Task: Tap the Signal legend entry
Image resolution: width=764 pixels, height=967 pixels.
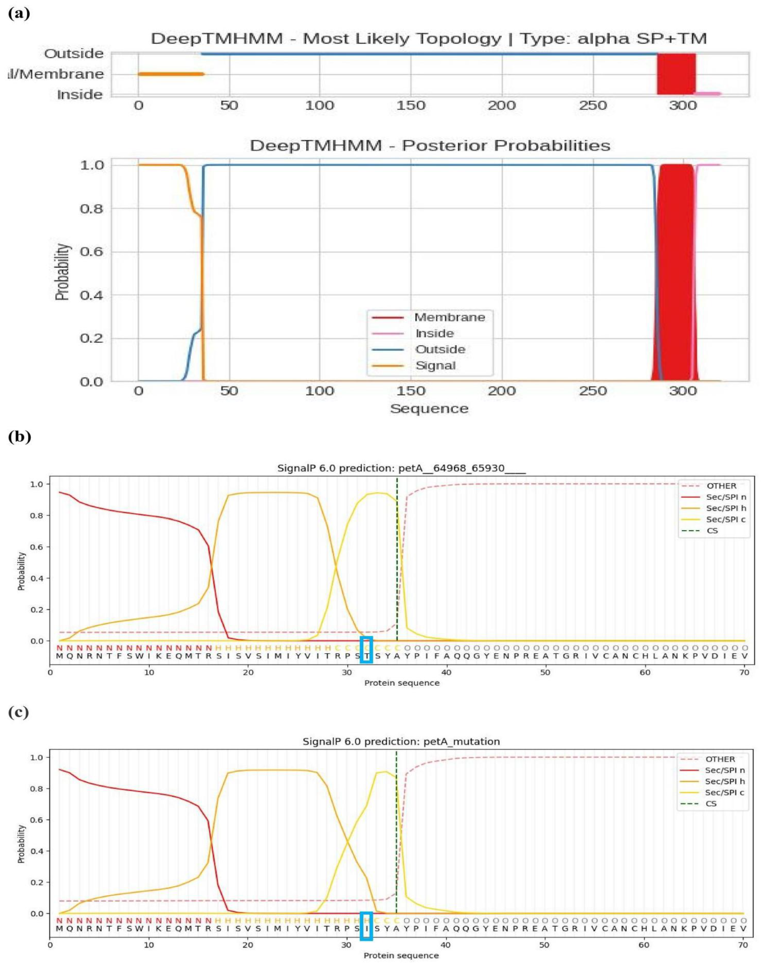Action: tap(435, 366)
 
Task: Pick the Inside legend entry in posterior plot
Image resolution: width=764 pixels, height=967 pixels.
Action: tap(434, 333)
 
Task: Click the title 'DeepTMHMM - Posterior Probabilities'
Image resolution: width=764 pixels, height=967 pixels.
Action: tap(429, 146)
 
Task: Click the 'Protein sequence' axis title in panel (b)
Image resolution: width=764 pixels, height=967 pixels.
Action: tap(402, 683)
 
